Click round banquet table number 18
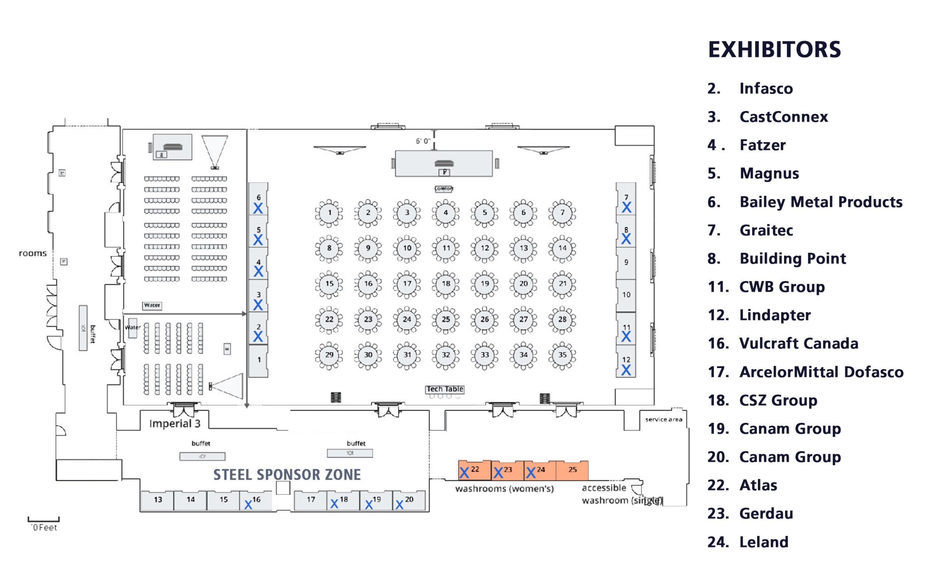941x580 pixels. (446, 284)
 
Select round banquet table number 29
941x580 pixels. (329, 355)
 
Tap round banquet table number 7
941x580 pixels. (562, 213)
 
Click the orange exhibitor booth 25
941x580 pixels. (572, 470)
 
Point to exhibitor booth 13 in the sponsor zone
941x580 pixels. (158, 500)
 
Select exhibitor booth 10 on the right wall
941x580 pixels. (626, 295)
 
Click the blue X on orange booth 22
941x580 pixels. (464, 473)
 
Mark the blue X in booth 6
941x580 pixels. (258, 208)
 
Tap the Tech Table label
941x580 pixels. (445, 389)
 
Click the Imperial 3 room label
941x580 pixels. (175, 424)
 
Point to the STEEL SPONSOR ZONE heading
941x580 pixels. (287, 475)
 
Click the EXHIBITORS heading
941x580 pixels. (774, 50)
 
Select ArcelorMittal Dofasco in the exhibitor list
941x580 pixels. (821, 372)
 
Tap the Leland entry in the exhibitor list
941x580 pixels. (763, 542)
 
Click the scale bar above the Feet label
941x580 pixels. (43, 520)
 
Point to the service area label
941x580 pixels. (663, 419)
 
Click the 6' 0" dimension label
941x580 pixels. (423, 141)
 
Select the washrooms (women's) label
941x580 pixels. (504, 489)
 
